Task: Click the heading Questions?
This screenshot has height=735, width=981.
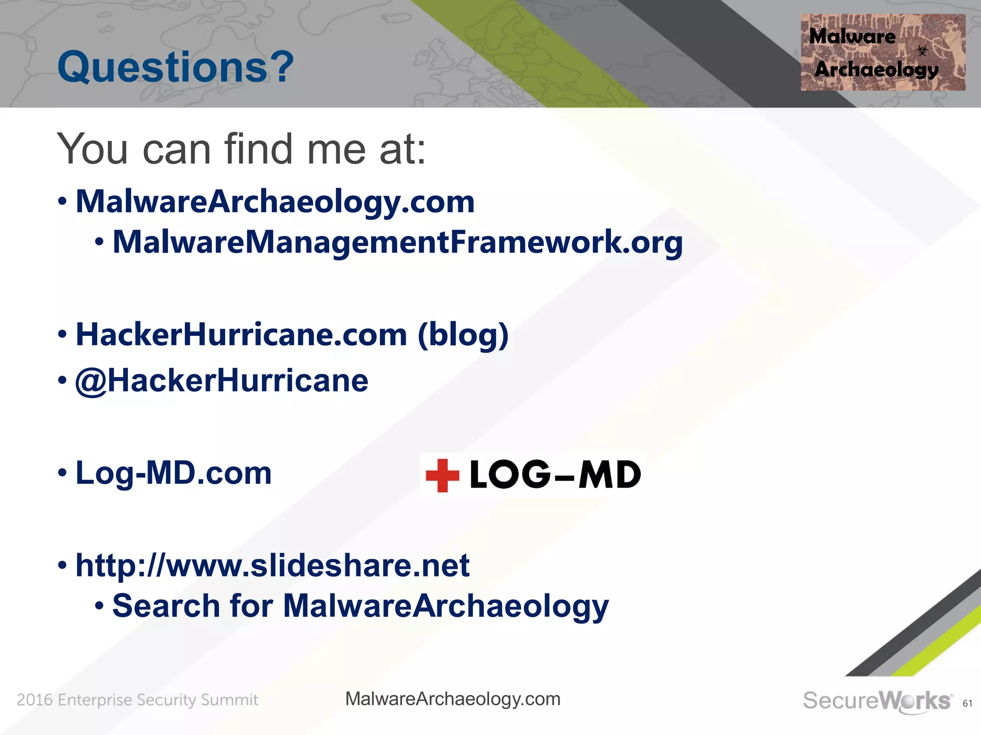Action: coord(175,67)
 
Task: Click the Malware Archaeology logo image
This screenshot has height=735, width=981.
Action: coord(882,53)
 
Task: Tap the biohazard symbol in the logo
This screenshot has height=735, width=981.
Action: coord(922,50)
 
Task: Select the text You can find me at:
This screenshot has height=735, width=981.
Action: coord(241,149)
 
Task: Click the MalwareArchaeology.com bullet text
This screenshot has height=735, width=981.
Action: coord(275,201)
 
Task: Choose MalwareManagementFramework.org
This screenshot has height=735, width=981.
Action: coord(397,242)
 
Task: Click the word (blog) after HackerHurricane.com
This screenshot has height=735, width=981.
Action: coord(463,334)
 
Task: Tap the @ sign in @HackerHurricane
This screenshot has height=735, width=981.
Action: coord(91,381)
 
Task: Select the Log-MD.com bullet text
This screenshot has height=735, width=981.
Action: coord(173,473)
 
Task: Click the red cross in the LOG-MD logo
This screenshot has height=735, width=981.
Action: coord(442,475)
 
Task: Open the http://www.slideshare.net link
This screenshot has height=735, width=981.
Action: coord(272,565)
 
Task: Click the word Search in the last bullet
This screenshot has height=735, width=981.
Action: coord(166,606)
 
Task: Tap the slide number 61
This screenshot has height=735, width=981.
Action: coord(967,703)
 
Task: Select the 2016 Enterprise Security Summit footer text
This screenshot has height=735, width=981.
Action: coord(137,700)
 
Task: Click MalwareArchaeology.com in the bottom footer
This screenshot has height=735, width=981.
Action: coord(453,699)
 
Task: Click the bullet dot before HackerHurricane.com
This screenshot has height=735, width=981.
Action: coord(62,335)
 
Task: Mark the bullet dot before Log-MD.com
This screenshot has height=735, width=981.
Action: coord(62,473)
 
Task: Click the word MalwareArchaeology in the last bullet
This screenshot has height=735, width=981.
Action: coord(445,606)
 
